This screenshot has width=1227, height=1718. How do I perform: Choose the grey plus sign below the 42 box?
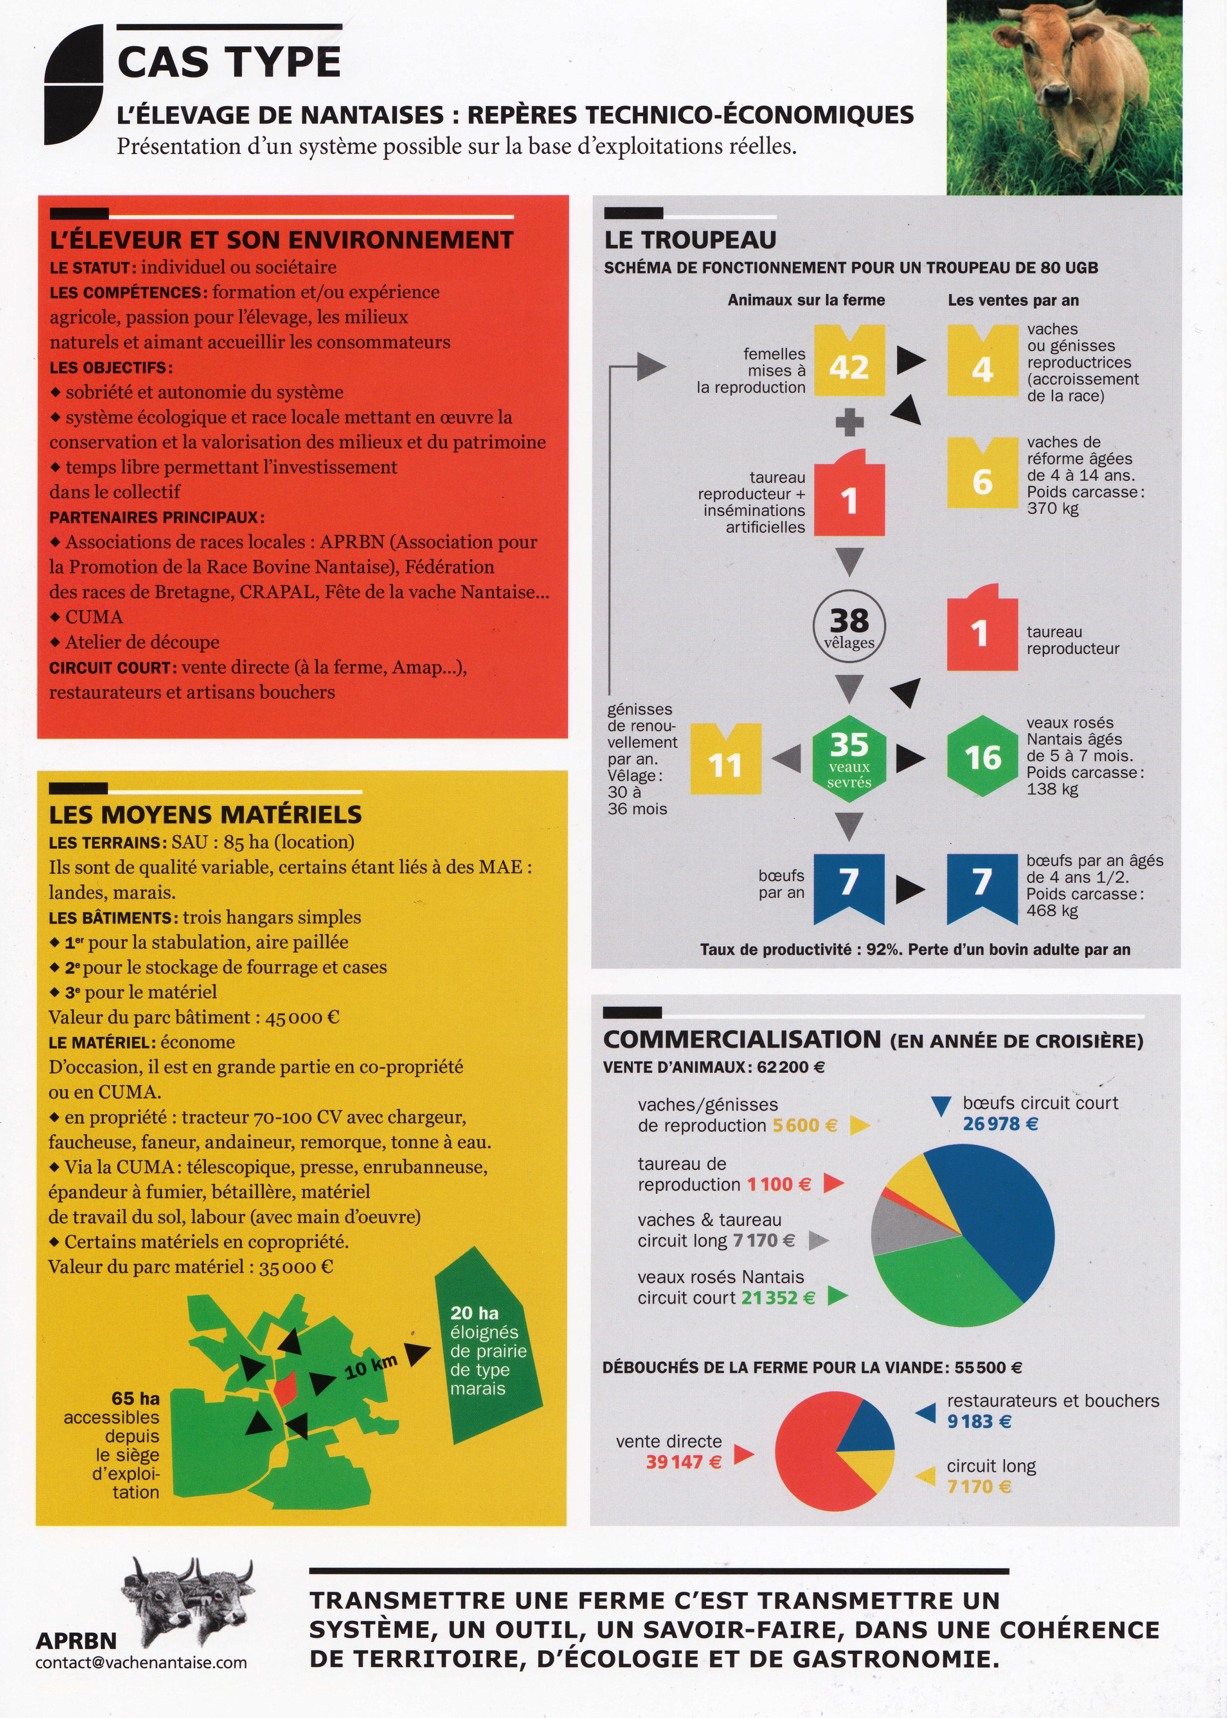(x=849, y=422)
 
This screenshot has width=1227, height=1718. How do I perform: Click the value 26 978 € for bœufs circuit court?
(x=1000, y=1124)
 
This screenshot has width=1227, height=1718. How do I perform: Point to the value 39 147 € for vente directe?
(x=684, y=1462)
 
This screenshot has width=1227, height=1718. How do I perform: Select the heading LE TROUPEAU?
(x=690, y=239)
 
